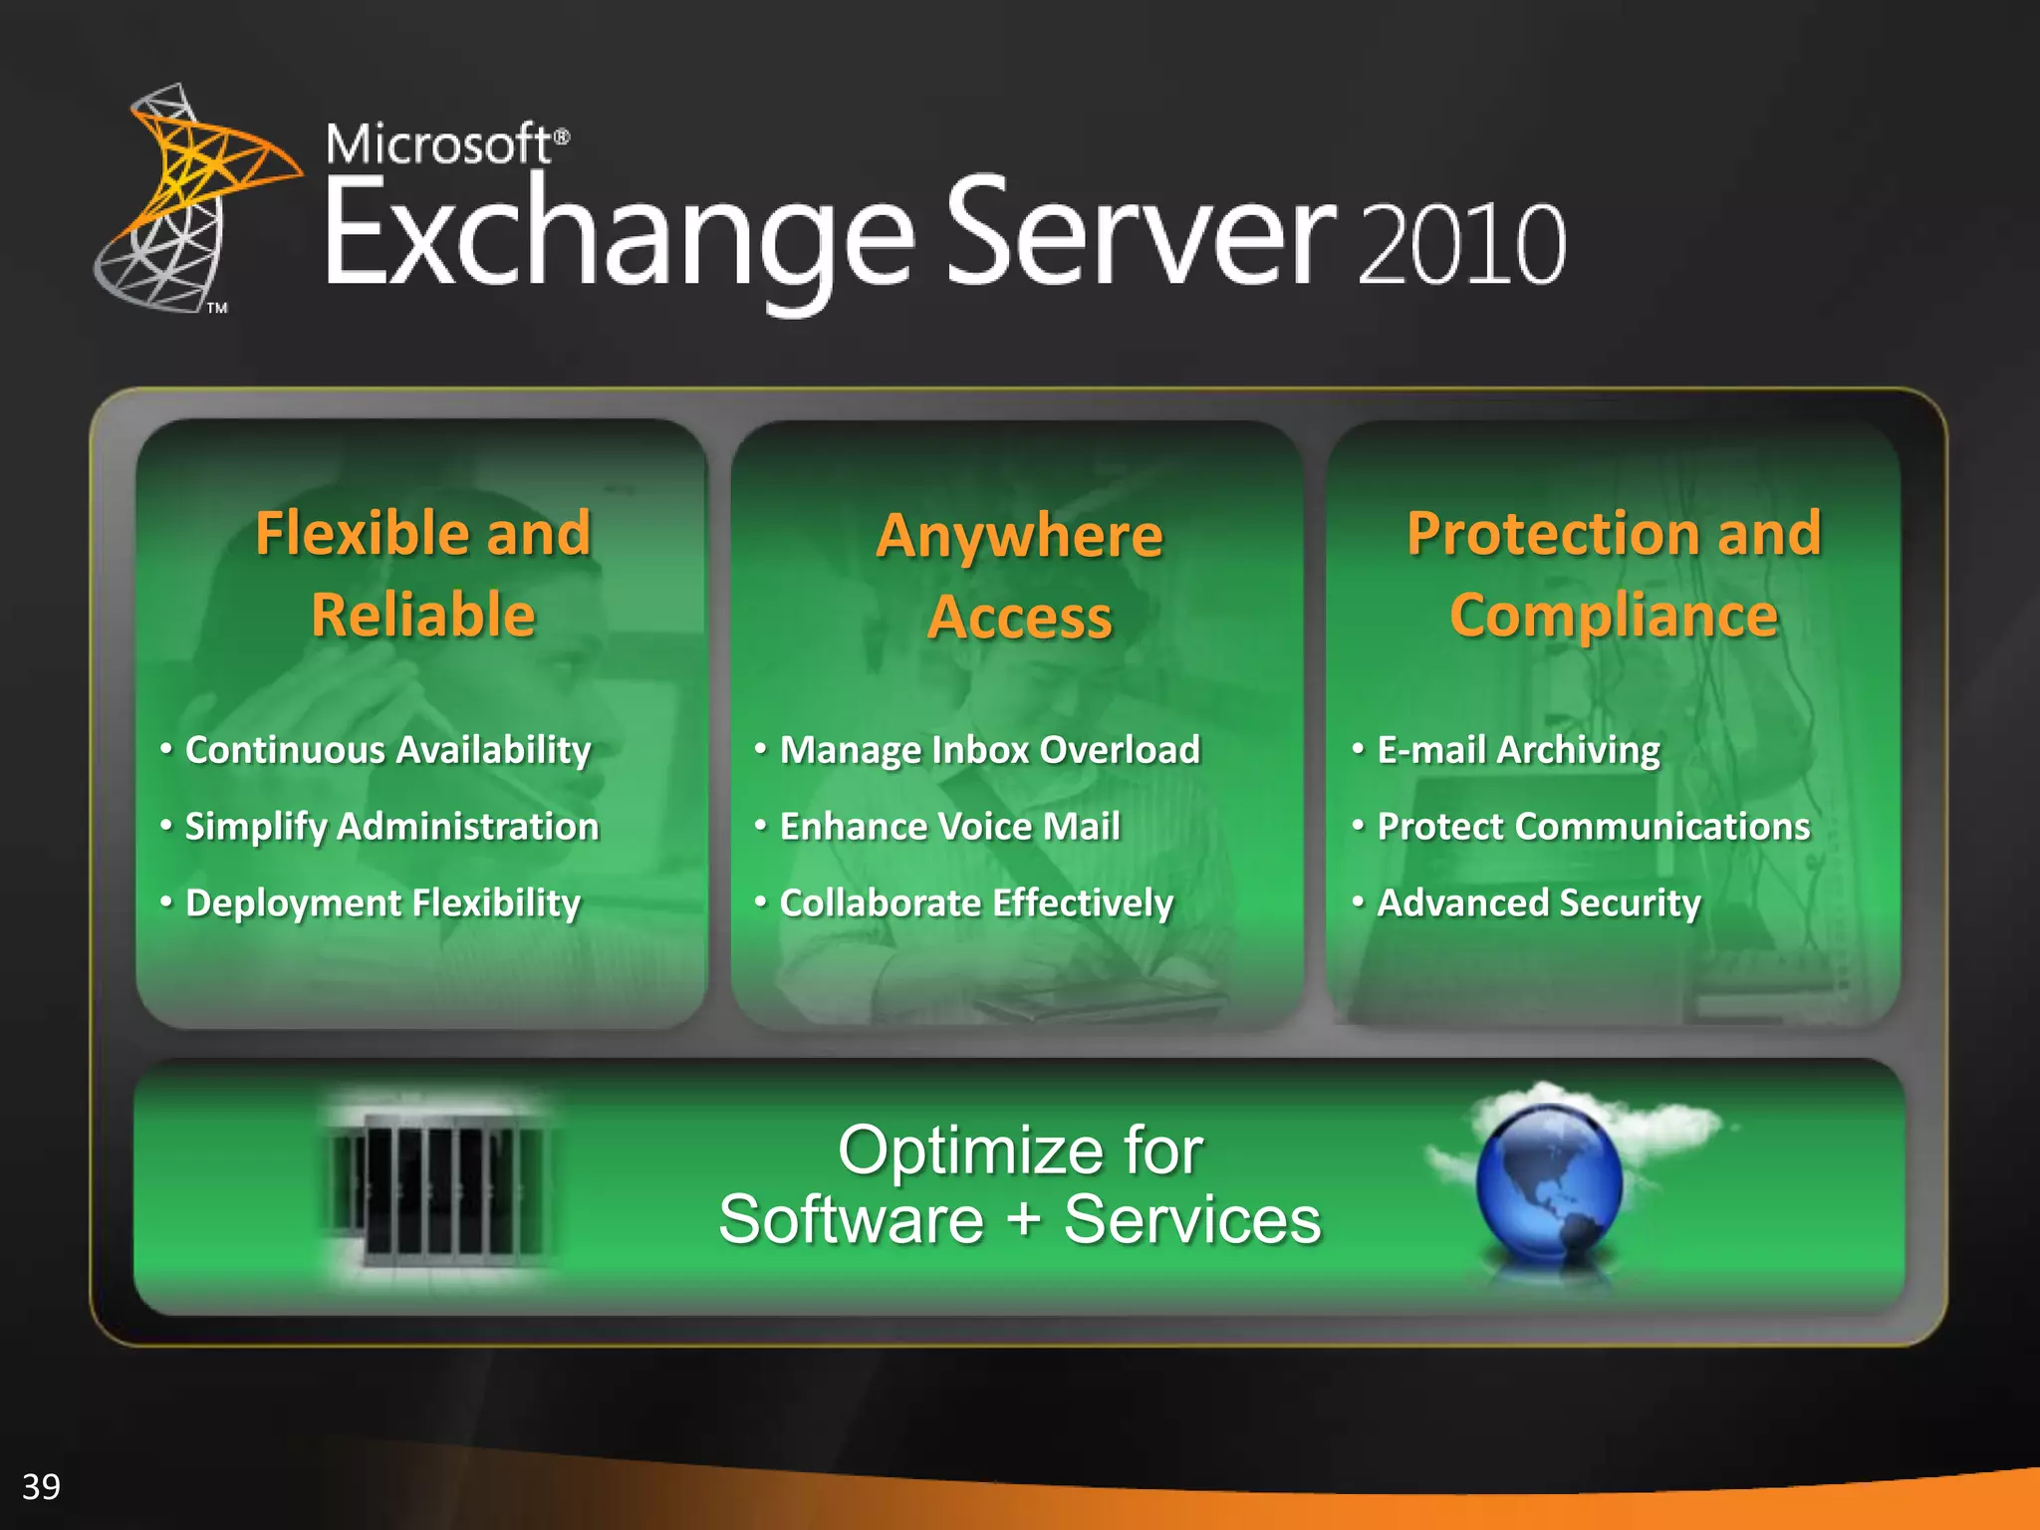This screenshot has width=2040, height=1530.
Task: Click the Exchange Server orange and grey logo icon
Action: tap(189, 199)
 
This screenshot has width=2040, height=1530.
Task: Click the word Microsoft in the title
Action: tap(438, 145)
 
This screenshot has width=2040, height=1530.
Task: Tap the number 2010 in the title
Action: tap(1461, 245)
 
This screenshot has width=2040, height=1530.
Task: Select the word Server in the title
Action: tap(1141, 235)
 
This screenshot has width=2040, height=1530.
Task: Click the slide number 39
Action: tap(41, 1486)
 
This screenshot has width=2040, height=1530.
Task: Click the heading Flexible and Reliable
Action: tap(423, 573)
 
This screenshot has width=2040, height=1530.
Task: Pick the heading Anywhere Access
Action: tap(1019, 576)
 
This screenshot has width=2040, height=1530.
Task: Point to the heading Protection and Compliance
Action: tap(1614, 573)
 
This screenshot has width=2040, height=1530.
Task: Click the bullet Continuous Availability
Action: tap(387, 750)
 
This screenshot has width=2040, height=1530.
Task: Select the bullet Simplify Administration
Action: tap(391, 827)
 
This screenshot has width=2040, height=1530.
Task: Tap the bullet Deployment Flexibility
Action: tap(382, 903)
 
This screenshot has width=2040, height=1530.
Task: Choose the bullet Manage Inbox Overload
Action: tap(989, 750)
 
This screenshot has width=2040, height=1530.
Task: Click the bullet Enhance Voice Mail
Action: tap(949, 827)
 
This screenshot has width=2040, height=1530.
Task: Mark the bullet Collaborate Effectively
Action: tap(976, 903)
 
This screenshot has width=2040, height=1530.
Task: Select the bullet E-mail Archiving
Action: tap(1518, 750)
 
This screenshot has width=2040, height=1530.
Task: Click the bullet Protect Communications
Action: tap(1593, 827)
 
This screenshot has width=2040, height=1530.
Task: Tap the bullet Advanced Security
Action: tap(1538, 903)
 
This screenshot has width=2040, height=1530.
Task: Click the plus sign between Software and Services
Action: tap(1023, 1220)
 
